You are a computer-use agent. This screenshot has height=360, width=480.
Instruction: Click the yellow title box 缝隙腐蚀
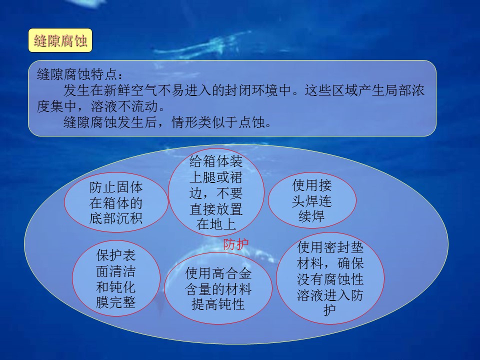tap(60, 40)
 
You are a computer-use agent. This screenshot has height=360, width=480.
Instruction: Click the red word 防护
tap(235, 244)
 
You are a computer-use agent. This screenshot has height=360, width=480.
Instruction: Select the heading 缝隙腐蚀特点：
tap(80, 74)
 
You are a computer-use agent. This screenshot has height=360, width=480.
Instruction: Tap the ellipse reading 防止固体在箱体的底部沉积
tap(116, 202)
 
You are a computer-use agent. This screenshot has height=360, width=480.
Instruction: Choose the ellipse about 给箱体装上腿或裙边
tap(216, 192)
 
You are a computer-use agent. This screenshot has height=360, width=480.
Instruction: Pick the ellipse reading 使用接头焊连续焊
tap(312, 200)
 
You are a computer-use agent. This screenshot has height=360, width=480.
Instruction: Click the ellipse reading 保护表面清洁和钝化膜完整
tap(116, 278)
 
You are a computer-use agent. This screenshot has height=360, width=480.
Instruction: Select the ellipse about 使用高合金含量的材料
tap(218, 288)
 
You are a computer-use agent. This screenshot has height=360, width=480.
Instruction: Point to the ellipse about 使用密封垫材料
tap(330, 278)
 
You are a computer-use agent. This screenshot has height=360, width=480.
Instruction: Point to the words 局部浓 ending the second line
tap(404, 90)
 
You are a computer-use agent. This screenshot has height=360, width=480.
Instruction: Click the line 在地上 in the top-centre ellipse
tap(216, 224)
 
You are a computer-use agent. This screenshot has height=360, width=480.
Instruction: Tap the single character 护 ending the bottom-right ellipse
tap(330, 310)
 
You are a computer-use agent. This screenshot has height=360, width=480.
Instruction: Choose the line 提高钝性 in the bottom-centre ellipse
tap(218, 304)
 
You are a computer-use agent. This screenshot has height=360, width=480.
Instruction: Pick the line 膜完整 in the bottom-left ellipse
tap(115, 302)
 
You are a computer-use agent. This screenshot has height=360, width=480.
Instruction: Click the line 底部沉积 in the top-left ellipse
tap(116, 218)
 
